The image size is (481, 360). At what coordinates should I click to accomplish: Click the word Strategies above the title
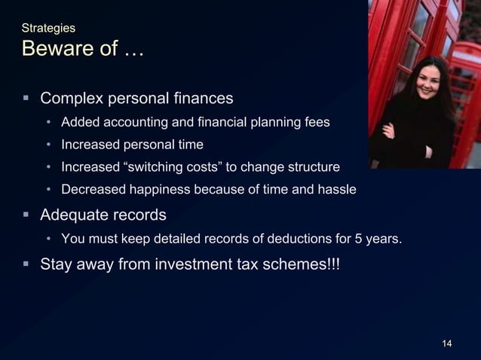click(48, 28)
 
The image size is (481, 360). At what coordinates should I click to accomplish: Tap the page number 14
click(446, 344)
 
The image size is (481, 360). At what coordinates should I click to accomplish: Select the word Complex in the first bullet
click(72, 99)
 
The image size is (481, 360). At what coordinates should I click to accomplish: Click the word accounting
click(133, 122)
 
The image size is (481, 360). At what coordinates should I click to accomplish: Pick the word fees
click(315, 122)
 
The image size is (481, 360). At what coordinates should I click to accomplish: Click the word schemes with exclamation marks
click(305, 264)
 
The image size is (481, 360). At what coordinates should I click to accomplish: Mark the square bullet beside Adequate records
click(26, 215)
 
